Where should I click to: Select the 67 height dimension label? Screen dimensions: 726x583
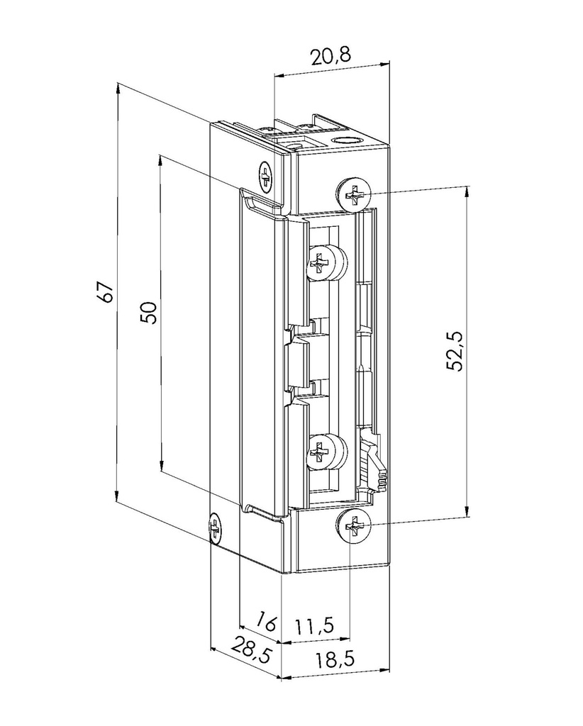[x=105, y=291]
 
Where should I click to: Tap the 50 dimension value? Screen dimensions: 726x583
[x=148, y=312]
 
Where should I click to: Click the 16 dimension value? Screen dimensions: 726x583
[x=265, y=622]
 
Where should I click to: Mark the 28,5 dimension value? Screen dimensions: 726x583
[x=251, y=650]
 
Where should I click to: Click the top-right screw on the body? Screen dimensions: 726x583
[x=354, y=193]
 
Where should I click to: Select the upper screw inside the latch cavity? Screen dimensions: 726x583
[x=322, y=264]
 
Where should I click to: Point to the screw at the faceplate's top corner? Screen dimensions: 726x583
[x=266, y=177]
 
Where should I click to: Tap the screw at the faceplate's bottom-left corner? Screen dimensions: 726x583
[x=214, y=528]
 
